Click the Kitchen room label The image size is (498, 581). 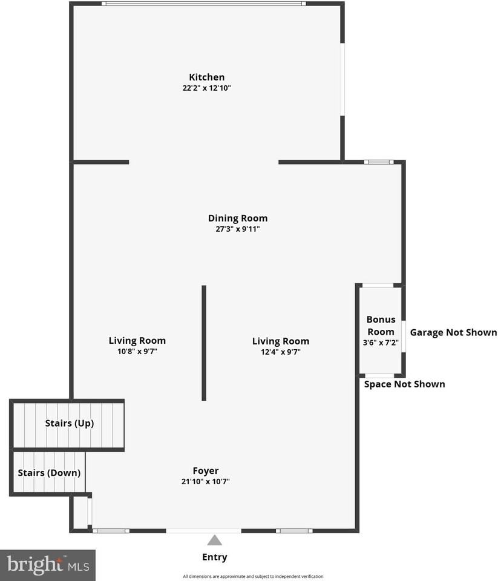coord(207,77)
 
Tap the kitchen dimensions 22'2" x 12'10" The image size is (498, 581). coord(207,88)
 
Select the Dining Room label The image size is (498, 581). coord(238,218)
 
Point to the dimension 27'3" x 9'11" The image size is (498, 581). coord(238,229)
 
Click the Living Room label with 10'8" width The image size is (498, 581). coord(137,341)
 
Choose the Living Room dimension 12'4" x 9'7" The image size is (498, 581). coord(281,352)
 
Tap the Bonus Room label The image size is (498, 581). coord(381,326)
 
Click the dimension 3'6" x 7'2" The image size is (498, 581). coord(381,343)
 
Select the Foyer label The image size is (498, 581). coord(206,471)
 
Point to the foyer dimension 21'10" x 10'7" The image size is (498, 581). coord(206,482)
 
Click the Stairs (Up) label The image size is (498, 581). coord(70,423)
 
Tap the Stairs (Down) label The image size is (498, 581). coord(49,473)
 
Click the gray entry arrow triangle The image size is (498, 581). coord(215,540)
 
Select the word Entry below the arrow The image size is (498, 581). coord(215,557)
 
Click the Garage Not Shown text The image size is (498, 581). coord(453,332)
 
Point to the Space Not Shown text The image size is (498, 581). coord(405,384)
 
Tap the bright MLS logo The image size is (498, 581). coord(48,565)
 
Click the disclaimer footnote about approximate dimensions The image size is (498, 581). coord(253,576)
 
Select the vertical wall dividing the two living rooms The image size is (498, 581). coord(204,343)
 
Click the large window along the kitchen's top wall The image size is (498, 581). coord(204,4)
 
